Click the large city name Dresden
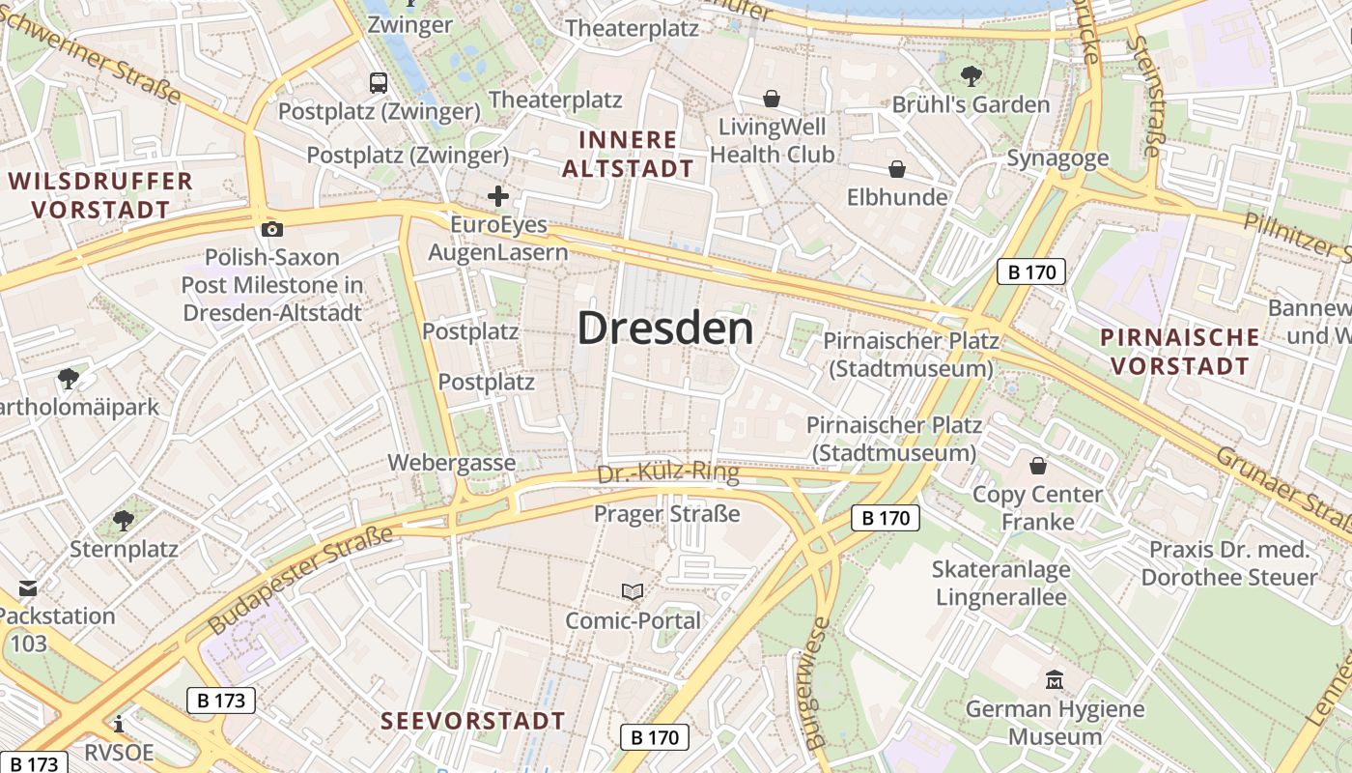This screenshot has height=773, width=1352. click(x=665, y=329)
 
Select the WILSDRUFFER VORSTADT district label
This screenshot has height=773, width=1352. click(x=100, y=194)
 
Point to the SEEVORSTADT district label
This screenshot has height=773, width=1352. click(x=472, y=721)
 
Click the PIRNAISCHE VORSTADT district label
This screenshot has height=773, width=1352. click(x=1180, y=352)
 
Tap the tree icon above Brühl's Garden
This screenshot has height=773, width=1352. click(x=971, y=75)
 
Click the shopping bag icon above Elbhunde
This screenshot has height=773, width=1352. click(x=897, y=169)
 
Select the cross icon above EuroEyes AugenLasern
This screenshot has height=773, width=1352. click(x=498, y=197)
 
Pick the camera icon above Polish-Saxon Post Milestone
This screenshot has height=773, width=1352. click(x=272, y=229)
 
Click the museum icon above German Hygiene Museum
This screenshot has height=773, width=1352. click(x=1055, y=680)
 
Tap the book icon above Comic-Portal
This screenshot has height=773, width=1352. click(x=633, y=591)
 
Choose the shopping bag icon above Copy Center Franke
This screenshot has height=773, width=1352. click(x=1037, y=466)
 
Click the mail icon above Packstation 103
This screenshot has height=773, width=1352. click(x=27, y=587)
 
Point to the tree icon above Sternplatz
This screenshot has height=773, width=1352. click(x=124, y=521)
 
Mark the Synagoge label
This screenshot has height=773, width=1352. click(x=1057, y=157)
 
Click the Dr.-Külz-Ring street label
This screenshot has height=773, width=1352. click(x=668, y=473)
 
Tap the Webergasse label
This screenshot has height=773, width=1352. click(x=452, y=463)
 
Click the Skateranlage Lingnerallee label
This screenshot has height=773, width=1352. click(x=1000, y=583)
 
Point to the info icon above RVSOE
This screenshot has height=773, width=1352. click(x=119, y=724)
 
